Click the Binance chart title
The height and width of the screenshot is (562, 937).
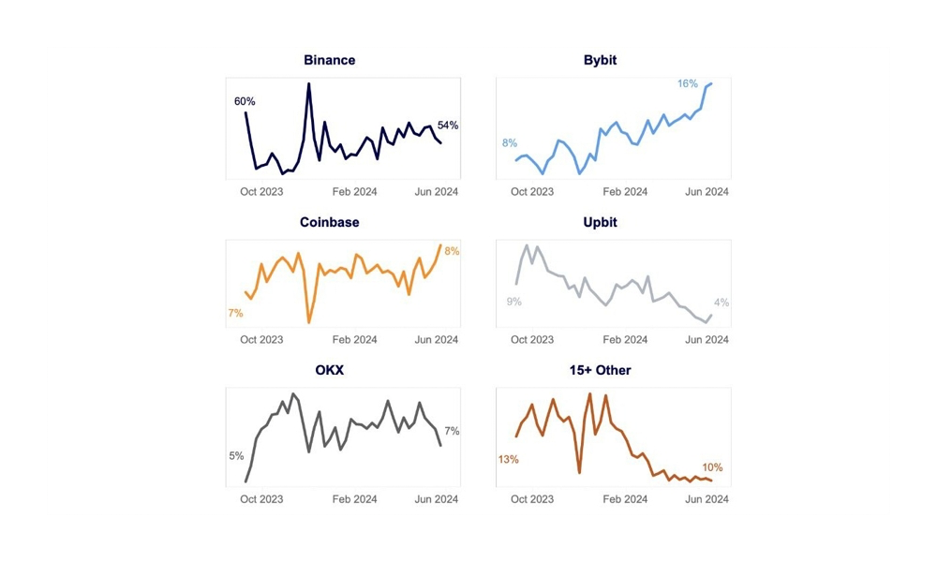(x=329, y=60)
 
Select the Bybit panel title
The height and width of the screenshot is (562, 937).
(x=600, y=60)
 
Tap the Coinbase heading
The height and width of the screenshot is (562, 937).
(x=329, y=223)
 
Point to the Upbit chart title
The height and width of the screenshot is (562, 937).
(x=600, y=223)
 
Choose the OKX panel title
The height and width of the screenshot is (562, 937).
(x=329, y=370)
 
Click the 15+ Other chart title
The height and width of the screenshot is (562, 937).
(x=600, y=370)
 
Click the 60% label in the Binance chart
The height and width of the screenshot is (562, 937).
(x=245, y=101)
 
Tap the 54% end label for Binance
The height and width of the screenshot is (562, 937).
(x=448, y=126)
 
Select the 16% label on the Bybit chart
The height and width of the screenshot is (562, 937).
(x=688, y=84)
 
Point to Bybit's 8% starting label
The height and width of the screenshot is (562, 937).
(x=510, y=143)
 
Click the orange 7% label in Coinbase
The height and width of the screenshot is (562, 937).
(x=235, y=313)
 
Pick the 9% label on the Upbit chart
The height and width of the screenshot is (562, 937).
(x=513, y=302)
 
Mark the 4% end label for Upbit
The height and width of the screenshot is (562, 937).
(x=721, y=303)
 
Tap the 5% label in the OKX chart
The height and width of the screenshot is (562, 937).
(x=236, y=456)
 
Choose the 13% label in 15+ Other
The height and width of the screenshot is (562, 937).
(x=509, y=460)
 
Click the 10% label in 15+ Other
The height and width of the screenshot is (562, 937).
(x=712, y=467)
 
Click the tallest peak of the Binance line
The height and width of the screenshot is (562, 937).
(x=308, y=84)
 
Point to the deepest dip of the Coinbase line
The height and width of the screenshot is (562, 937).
(x=309, y=322)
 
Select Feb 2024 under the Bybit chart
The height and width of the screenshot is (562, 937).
(x=625, y=192)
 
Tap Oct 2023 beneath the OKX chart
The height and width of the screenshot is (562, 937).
(x=261, y=499)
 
